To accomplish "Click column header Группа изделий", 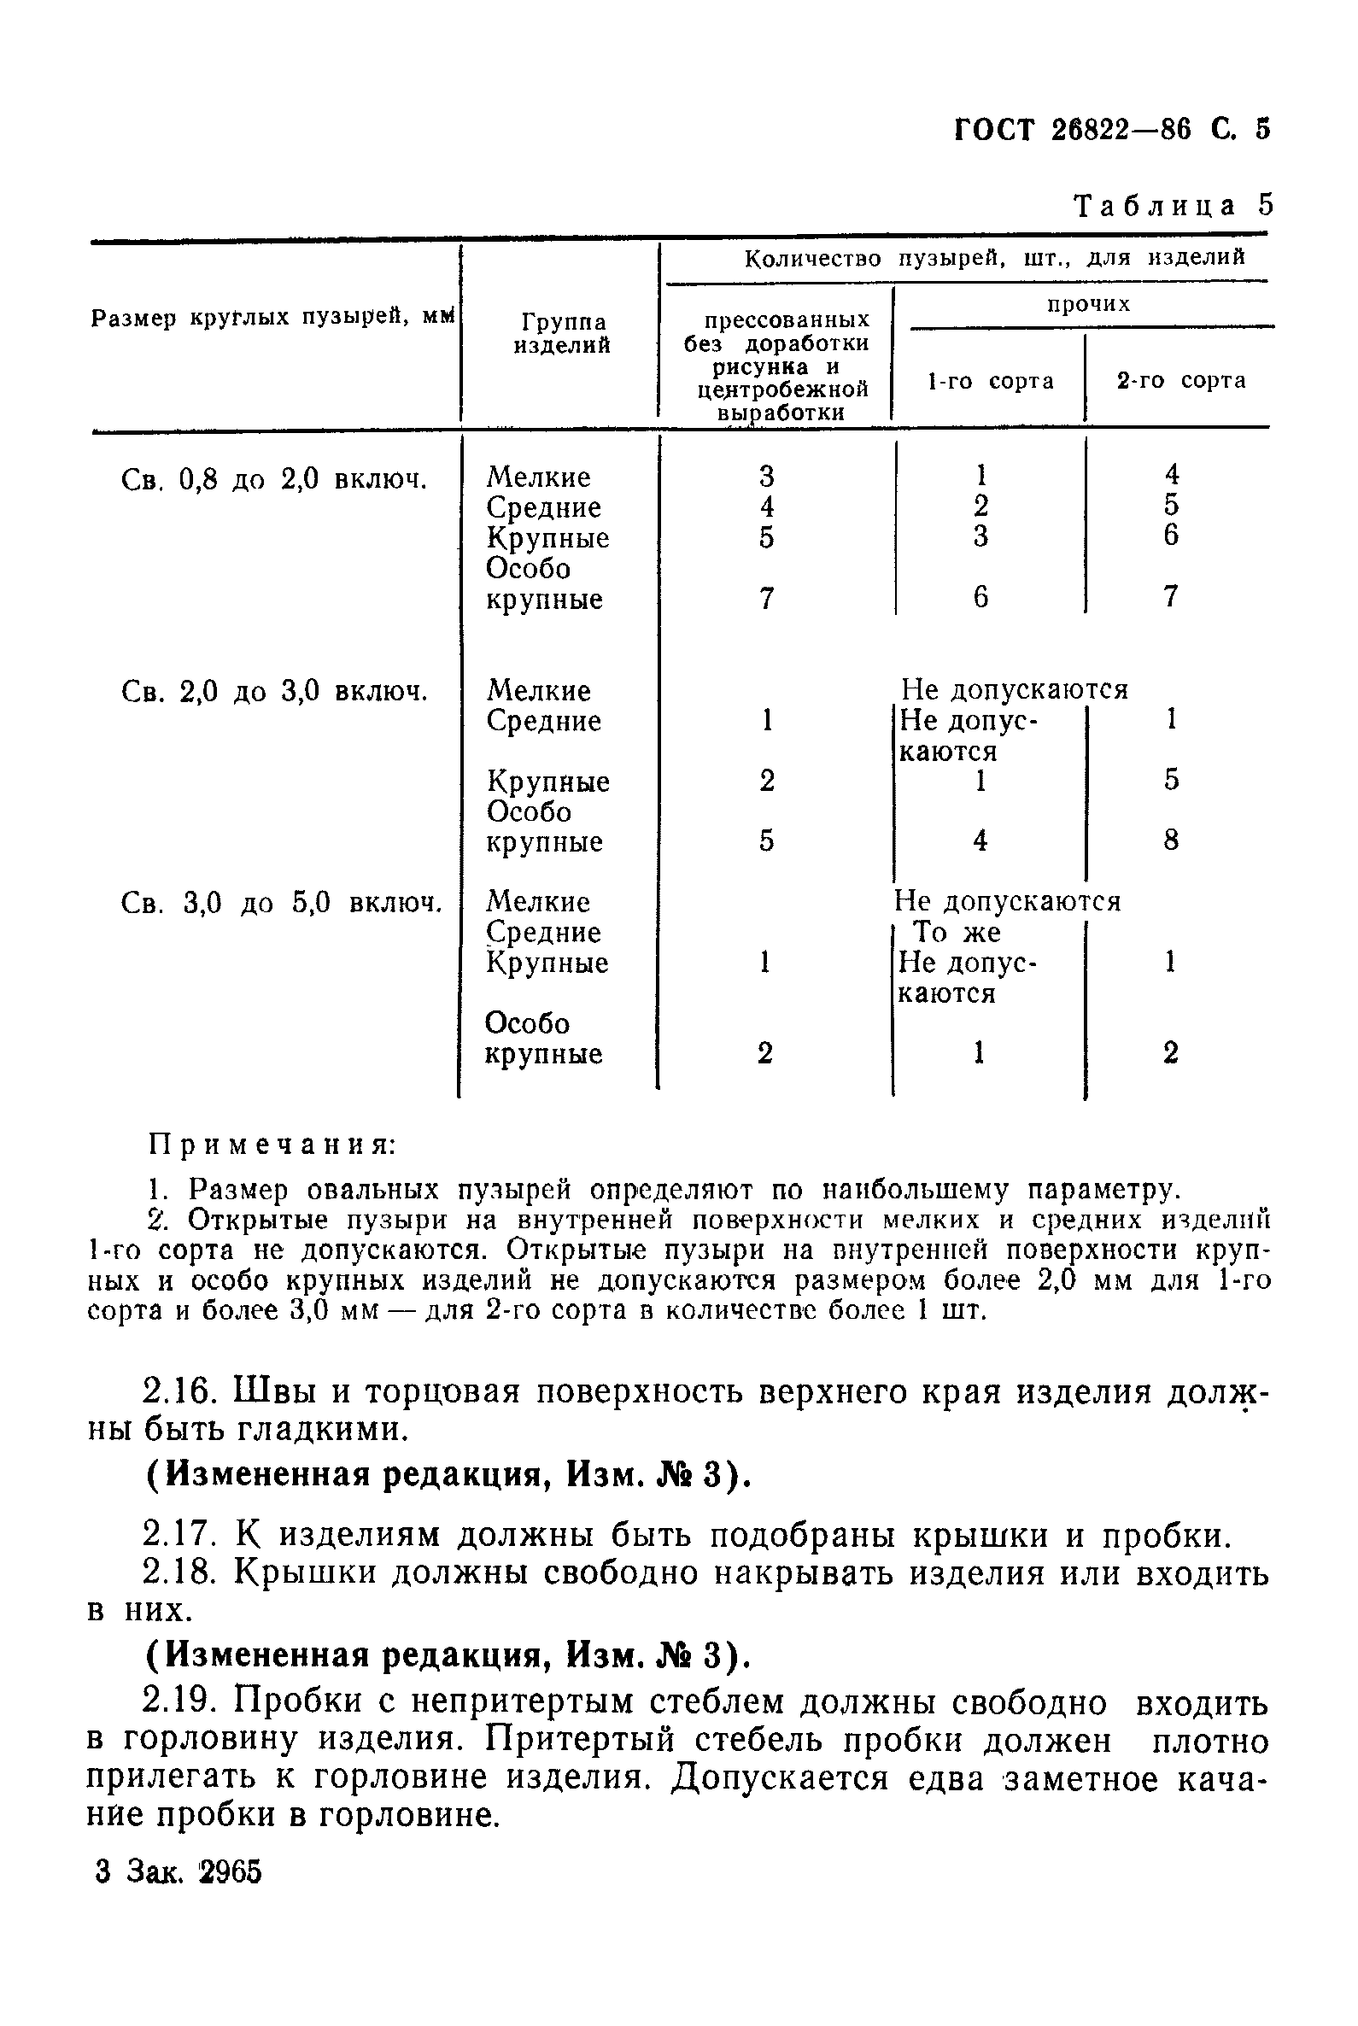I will pyautogui.click(x=563, y=333).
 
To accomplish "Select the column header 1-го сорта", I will pyautogui.click(x=990, y=381).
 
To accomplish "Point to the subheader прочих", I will pyautogui.click(x=1088, y=304).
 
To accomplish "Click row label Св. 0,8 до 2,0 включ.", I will pyautogui.click(x=274, y=479).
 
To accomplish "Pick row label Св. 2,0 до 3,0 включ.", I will pyautogui.click(x=274, y=691).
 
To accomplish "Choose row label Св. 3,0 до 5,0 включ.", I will pyautogui.click(x=281, y=904).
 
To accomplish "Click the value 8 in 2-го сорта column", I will pyautogui.click(x=1171, y=840).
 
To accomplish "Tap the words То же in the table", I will pyautogui.click(x=956, y=932).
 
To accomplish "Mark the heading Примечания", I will pyautogui.click(x=272, y=1145).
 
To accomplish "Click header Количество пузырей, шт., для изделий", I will pyautogui.click(x=994, y=257).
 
